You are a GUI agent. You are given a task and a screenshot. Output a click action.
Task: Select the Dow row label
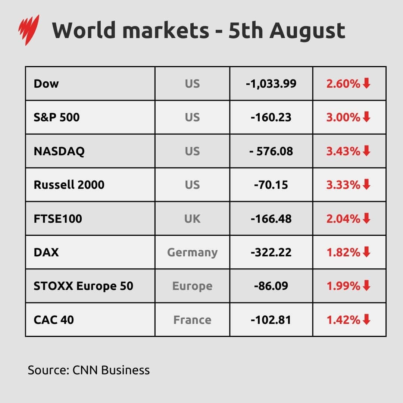pyautogui.click(x=46, y=84)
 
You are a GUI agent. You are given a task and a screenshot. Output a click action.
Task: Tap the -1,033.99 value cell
pyautogui.click(x=271, y=84)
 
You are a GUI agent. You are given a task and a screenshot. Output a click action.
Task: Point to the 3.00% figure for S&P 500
pyautogui.click(x=343, y=118)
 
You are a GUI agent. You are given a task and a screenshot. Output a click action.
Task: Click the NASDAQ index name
pyautogui.click(x=59, y=151)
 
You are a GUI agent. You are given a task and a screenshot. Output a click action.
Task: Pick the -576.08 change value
pyautogui.click(x=271, y=151)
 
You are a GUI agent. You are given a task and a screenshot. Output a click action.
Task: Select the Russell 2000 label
pyautogui.click(x=69, y=185)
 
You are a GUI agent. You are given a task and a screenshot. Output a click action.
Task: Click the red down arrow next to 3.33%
pyautogui.click(x=366, y=184)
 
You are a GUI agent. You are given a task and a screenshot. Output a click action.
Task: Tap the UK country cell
pyautogui.click(x=192, y=219)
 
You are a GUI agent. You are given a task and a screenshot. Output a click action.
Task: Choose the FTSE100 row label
pyautogui.click(x=58, y=219)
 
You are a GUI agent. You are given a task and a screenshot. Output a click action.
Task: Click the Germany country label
pyautogui.click(x=192, y=253)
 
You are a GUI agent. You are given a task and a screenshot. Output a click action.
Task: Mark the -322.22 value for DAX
pyautogui.click(x=271, y=253)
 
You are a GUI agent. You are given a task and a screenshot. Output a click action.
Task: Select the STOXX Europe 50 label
pyautogui.click(x=83, y=286)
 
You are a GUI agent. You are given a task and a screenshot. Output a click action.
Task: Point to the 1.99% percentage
pyautogui.click(x=343, y=286)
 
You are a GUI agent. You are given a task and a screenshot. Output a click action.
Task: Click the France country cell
pyautogui.click(x=192, y=320)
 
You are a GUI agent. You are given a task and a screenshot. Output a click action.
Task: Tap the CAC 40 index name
pyautogui.click(x=54, y=320)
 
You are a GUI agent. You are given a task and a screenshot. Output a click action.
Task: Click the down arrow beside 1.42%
pyautogui.click(x=366, y=319)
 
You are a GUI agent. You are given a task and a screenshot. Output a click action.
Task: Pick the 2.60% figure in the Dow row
pyautogui.click(x=343, y=84)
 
